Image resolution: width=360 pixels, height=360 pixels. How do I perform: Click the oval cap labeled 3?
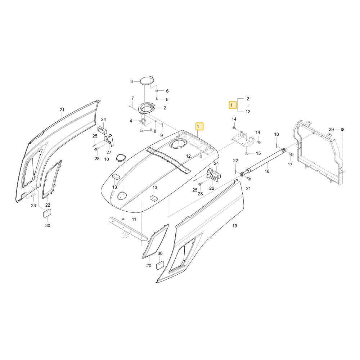(x=147, y=81)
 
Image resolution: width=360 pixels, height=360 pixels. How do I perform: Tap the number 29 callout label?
(x=331, y=130)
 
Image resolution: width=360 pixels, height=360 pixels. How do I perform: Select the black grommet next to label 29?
(x=342, y=129)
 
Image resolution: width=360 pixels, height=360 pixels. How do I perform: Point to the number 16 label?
(x=267, y=171)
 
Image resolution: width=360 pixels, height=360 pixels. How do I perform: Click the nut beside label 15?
(x=246, y=153)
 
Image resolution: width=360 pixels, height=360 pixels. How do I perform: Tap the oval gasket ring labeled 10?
(x=121, y=158)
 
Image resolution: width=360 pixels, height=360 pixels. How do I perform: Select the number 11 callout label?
(x=134, y=219)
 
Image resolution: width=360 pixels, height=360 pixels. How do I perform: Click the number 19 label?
(x=234, y=226)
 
